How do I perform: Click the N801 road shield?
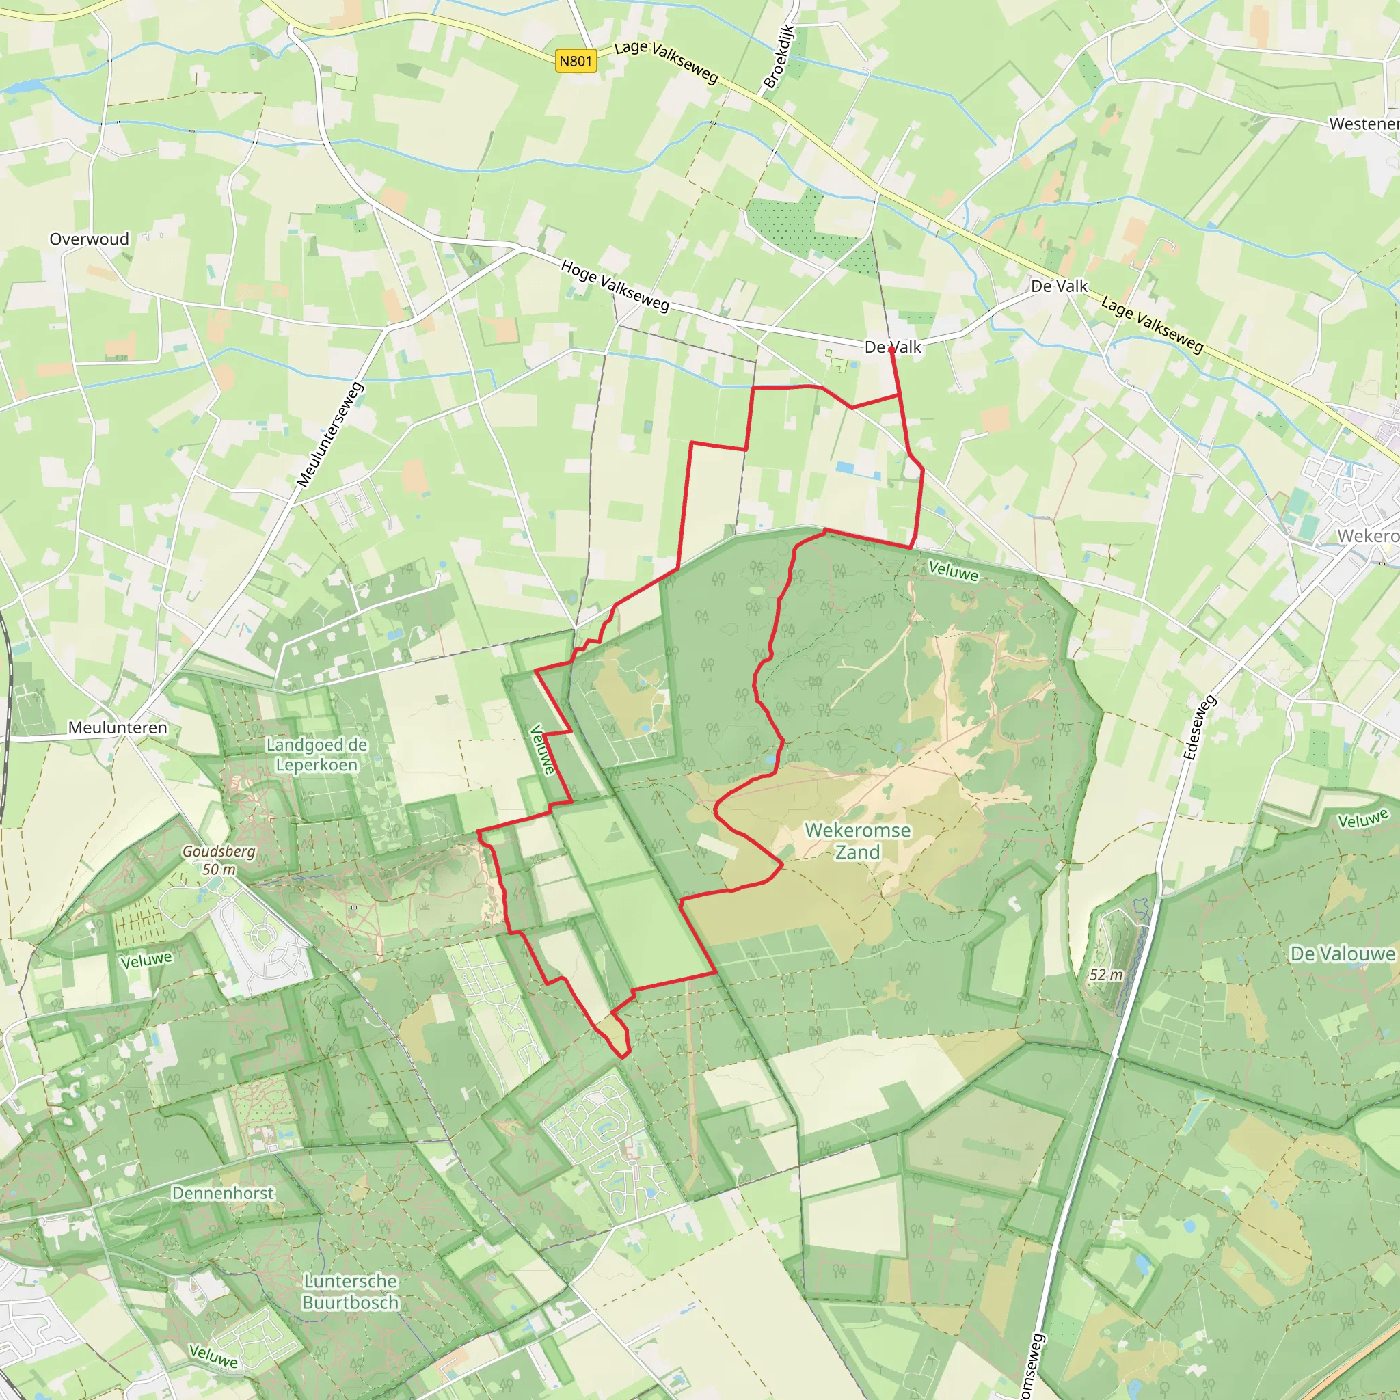click(x=576, y=61)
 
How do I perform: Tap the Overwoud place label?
click(x=89, y=239)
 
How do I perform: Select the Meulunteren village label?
click(x=118, y=727)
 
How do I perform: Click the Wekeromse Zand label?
click(x=858, y=841)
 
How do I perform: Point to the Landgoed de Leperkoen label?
click(x=317, y=755)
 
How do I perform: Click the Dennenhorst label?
click(x=223, y=1193)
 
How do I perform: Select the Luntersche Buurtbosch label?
click(x=351, y=1291)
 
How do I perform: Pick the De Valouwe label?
click(x=1343, y=954)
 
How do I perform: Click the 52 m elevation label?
click(x=1106, y=975)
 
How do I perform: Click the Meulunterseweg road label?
click(x=330, y=435)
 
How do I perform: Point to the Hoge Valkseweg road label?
click(x=615, y=286)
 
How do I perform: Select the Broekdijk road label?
click(x=780, y=57)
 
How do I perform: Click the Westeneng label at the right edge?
click(x=1364, y=124)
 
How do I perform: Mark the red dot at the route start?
click(x=891, y=350)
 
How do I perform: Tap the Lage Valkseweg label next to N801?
click(x=666, y=62)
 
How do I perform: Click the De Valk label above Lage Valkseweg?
click(x=1059, y=286)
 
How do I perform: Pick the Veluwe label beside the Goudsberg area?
click(x=146, y=960)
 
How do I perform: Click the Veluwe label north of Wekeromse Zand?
click(x=954, y=571)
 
